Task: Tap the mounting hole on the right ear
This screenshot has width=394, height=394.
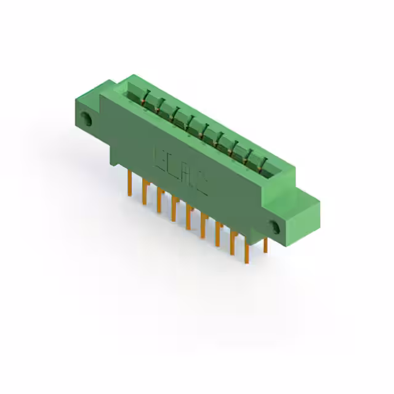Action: [275, 227]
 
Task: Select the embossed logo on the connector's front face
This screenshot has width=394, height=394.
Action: [180, 172]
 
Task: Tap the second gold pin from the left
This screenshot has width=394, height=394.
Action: [145, 192]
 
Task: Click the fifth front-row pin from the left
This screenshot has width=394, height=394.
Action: [188, 219]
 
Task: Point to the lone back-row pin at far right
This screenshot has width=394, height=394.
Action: [265, 245]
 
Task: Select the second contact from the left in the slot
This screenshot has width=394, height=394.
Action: [161, 105]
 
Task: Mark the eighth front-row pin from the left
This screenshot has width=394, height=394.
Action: [232, 244]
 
